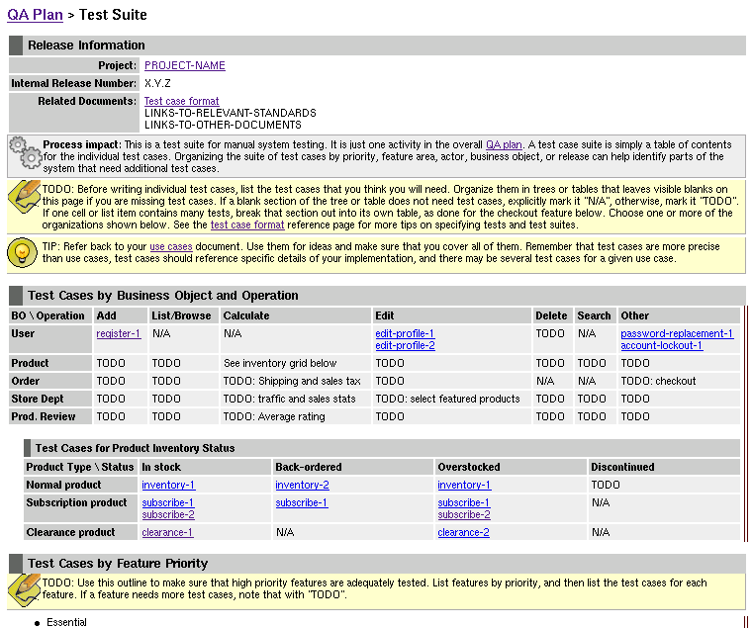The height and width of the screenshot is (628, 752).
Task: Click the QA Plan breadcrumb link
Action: [35, 15]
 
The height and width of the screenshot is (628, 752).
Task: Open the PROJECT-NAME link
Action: [185, 66]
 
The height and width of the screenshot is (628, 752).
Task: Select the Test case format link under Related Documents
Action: [181, 102]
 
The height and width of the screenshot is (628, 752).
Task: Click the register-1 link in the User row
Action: [119, 334]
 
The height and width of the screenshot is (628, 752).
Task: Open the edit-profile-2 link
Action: [405, 346]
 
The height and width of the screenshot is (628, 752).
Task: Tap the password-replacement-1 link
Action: [677, 334]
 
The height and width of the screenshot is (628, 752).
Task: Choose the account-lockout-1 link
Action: [661, 346]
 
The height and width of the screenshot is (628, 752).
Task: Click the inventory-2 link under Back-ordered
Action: [302, 486]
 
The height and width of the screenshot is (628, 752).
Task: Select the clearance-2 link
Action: [463, 533]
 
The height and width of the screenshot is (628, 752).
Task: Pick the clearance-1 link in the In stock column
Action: [167, 533]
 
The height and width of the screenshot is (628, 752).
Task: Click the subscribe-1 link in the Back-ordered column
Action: [302, 503]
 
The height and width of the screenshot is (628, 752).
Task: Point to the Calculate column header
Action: [246, 316]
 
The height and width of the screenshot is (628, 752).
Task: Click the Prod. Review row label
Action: [44, 417]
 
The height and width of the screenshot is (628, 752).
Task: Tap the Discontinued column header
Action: [622, 468]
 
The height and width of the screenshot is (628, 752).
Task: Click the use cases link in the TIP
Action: [171, 246]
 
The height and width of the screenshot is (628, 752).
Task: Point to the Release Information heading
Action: [86, 45]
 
